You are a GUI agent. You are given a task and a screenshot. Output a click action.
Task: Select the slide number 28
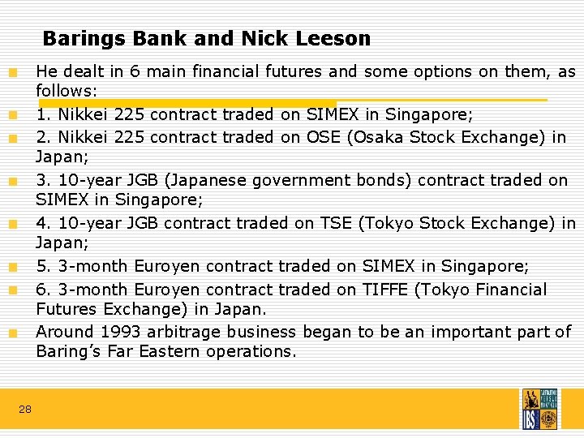(x=25, y=410)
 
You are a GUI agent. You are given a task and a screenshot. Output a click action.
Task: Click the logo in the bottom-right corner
(x=539, y=409)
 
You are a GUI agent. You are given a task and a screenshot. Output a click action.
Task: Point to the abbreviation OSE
(x=324, y=137)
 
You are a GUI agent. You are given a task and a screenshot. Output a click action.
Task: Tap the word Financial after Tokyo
(x=512, y=290)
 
